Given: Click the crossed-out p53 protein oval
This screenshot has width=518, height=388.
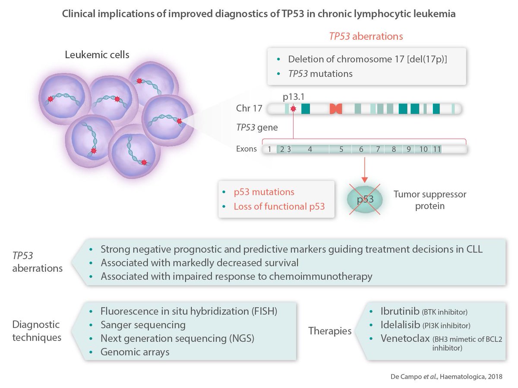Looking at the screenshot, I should pos(365,199).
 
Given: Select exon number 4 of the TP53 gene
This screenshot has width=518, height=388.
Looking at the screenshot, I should pos(310,149).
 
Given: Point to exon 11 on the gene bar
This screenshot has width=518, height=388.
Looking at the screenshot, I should pos(437,149).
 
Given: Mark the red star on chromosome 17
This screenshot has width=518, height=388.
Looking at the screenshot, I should pos(294,108).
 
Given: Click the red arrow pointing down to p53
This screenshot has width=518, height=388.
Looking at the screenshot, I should pos(365,170).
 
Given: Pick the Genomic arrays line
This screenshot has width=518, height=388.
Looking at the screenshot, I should pos(135,352).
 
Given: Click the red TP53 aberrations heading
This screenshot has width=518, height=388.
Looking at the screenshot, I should pos(366,36).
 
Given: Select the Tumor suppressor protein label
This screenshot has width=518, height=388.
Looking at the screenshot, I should pos(430,200).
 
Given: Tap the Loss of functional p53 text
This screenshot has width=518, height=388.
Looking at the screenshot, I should pos(279,206).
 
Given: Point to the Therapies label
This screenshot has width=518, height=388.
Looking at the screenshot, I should pos(329,331).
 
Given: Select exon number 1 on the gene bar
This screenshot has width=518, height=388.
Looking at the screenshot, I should pos(269,149).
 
